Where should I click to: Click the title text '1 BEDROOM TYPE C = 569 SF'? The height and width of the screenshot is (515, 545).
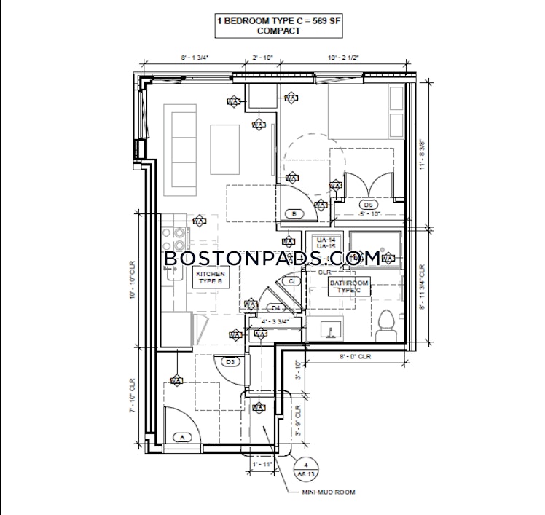(279, 21)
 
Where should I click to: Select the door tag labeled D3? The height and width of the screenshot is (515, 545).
(231, 361)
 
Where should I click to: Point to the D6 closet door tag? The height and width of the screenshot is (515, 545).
(368, 205)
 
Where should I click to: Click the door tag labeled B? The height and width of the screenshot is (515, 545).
(294, 214)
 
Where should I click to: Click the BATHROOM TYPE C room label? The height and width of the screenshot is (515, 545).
(349, 286)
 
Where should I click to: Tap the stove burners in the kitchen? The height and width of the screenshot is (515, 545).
(176, 240)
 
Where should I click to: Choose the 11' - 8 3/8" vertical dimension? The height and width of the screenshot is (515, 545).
(422, 154)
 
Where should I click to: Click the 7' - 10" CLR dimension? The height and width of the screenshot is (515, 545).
(133, 396)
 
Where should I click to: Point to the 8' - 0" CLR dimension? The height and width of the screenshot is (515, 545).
(355, 357)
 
